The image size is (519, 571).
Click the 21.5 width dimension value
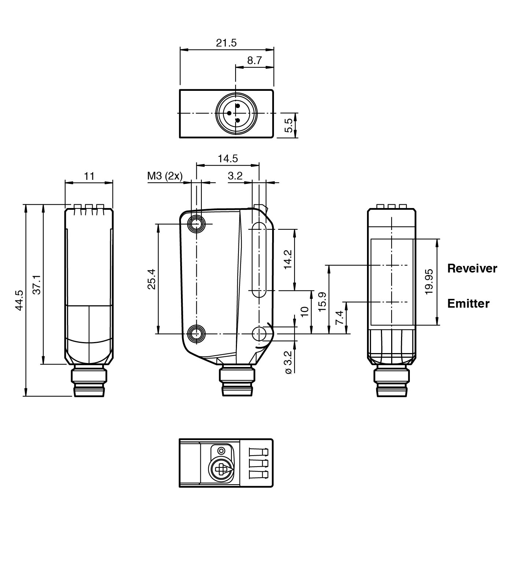[x=226, y=43]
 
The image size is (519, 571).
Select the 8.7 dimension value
[x=254, y=60]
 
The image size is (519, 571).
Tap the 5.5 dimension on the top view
[x=289, y=125]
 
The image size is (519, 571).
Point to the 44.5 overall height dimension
[x=19, y=300]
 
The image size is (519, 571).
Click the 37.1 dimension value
[x=37, y=284]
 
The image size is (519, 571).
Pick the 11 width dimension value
[x=89, y=176]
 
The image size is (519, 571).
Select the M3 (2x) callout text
[x=164, y=176]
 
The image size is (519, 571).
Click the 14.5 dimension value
[x=227, y=159]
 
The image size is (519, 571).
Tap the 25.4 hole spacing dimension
[x=151, y=279]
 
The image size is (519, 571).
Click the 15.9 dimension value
[x=322, y=302]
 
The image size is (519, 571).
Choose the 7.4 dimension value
[x=340, y=318]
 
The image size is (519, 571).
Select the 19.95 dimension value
[x=429, y=282]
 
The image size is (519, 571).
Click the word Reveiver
[x=472, y=268]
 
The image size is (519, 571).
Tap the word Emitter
[x=468, y=304]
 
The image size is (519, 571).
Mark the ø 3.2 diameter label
[x=288, y=362]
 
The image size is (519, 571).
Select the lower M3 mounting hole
[x=197, y=334]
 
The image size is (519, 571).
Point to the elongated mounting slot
[x=259, y=260]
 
